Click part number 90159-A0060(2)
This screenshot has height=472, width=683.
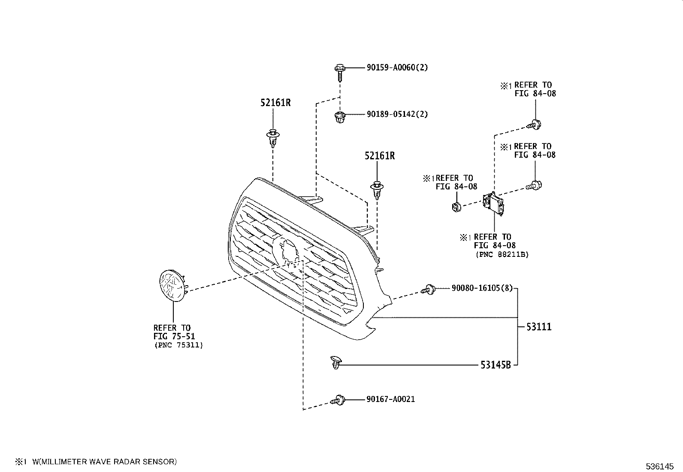pos(397,67)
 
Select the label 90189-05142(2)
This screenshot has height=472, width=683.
pos(397,114)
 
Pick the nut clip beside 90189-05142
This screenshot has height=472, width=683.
pos(339,116)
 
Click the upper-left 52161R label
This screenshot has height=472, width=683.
pos(275,103)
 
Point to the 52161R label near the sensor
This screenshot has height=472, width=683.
pos(380,155)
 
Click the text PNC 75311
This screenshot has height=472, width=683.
pos(178,345)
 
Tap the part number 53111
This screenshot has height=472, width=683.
pos(539,327)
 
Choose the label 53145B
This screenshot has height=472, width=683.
pos(496,365)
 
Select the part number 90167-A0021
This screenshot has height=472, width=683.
pos(390,399)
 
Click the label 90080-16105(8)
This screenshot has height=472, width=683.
pos(482,288)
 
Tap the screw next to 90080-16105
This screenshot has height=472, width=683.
pos(429,290)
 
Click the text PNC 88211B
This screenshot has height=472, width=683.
pos(502,254)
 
